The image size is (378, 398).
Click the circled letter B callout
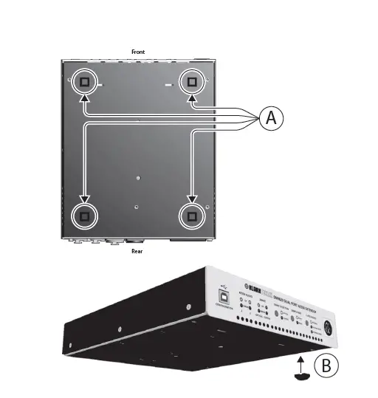click(x=326, y=364)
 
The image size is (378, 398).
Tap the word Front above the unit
click(x=138, y=52)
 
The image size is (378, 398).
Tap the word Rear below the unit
click(x=137, y=251)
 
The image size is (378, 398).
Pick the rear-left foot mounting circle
click(x=84, y=216)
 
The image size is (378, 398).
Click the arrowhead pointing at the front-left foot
click(x=84, y=97)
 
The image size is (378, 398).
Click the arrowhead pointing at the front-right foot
click(x=192, y=97)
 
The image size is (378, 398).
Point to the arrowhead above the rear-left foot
click(x=84, y=198)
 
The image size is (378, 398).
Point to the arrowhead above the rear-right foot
click(x=192, y=198)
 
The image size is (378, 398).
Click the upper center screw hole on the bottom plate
click(x=139, y=178)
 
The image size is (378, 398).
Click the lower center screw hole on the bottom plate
click(x=138, y=207)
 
